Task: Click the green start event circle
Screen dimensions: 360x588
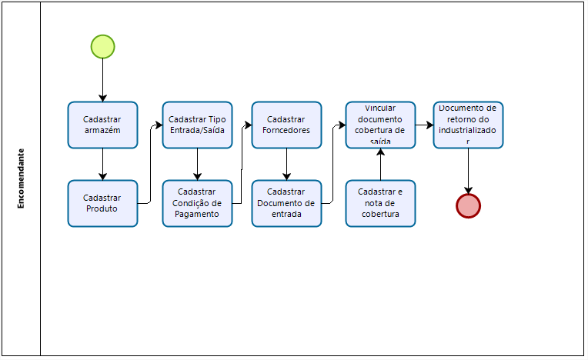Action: (x=102, y=47)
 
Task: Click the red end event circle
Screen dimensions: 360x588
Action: (x=468, y=206)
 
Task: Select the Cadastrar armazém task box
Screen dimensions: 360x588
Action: (x=102, y=125)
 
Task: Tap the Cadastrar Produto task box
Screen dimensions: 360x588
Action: (x=102, y=203)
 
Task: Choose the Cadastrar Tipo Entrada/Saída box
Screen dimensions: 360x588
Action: (x=197, y=125)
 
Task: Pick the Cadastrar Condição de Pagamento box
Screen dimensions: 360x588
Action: (x=197, y=203)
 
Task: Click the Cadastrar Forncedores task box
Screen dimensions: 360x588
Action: (x=286, y=125)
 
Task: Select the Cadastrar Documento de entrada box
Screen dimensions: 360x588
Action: (x=286, y=203)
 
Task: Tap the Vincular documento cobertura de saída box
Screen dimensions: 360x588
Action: (x=380, y=125)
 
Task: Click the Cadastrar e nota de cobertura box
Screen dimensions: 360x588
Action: (x=380, y=203)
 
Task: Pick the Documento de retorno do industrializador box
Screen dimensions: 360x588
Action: (x=468, y=125)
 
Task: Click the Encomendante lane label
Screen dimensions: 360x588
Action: (x=21, y=178)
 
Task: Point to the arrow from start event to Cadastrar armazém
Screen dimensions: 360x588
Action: (x=102, y=80)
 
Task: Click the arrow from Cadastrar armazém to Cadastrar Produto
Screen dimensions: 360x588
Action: (x=102, y=164)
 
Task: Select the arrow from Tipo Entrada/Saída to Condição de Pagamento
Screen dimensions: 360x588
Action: (x=197, y=164)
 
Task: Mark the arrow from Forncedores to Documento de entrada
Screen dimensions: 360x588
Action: (x=286, y=164)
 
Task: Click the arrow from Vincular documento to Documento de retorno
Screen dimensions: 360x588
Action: (x=424, y=124)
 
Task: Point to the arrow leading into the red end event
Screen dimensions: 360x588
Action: (x=468, y=171)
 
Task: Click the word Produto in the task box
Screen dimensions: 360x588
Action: (x=102, y=208)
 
